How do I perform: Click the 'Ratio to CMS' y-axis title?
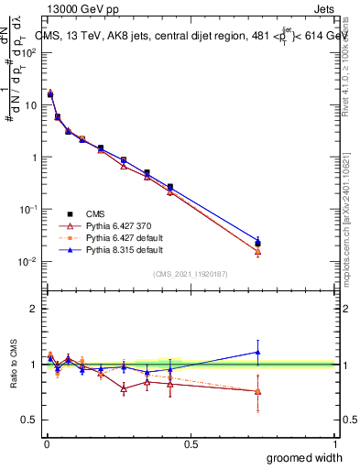tap(12, 377)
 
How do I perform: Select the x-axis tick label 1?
tap(335, 442)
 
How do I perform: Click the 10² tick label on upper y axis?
tap(27, 52)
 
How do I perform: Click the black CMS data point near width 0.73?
tap(257, 244)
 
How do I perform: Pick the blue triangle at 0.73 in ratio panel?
tap(257, 353)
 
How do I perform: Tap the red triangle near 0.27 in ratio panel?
tap(124, 388)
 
